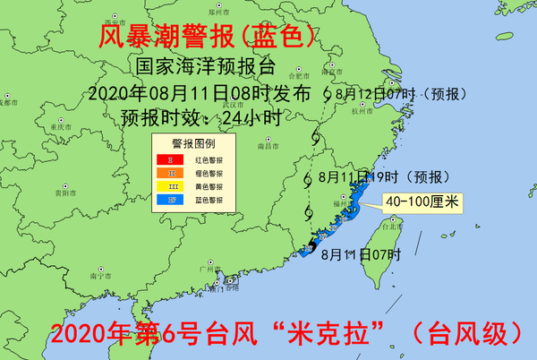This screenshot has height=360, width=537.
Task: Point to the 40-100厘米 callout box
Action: (421, 203)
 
